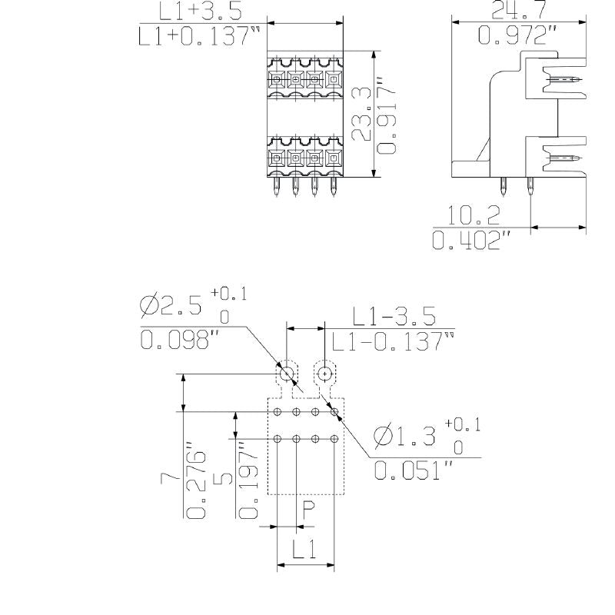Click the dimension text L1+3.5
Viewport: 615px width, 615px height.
point(199,11)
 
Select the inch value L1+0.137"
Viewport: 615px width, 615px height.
point(198,35)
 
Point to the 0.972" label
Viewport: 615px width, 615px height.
point(517,35)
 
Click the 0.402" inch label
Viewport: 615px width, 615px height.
point(471,240)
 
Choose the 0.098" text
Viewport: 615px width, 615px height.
point(175,340)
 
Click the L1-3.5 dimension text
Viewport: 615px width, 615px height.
point(394,316)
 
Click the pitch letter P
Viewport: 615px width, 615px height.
point(308,510)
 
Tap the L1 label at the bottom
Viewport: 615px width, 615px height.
point(305,549)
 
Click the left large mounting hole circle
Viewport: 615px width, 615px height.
point(287,374)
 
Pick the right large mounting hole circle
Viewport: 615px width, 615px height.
point(324,374)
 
